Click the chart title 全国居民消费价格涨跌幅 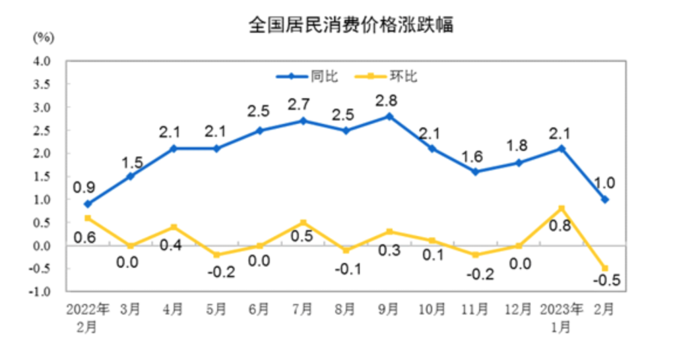point(337,26)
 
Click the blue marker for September point(389,116)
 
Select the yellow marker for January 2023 point(562,208)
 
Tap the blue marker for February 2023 point(604,199)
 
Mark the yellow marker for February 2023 point(604,268)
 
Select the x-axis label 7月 point(303,309)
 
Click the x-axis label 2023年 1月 point(562,317)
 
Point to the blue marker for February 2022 point(88,204)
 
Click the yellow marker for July point(303,222)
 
